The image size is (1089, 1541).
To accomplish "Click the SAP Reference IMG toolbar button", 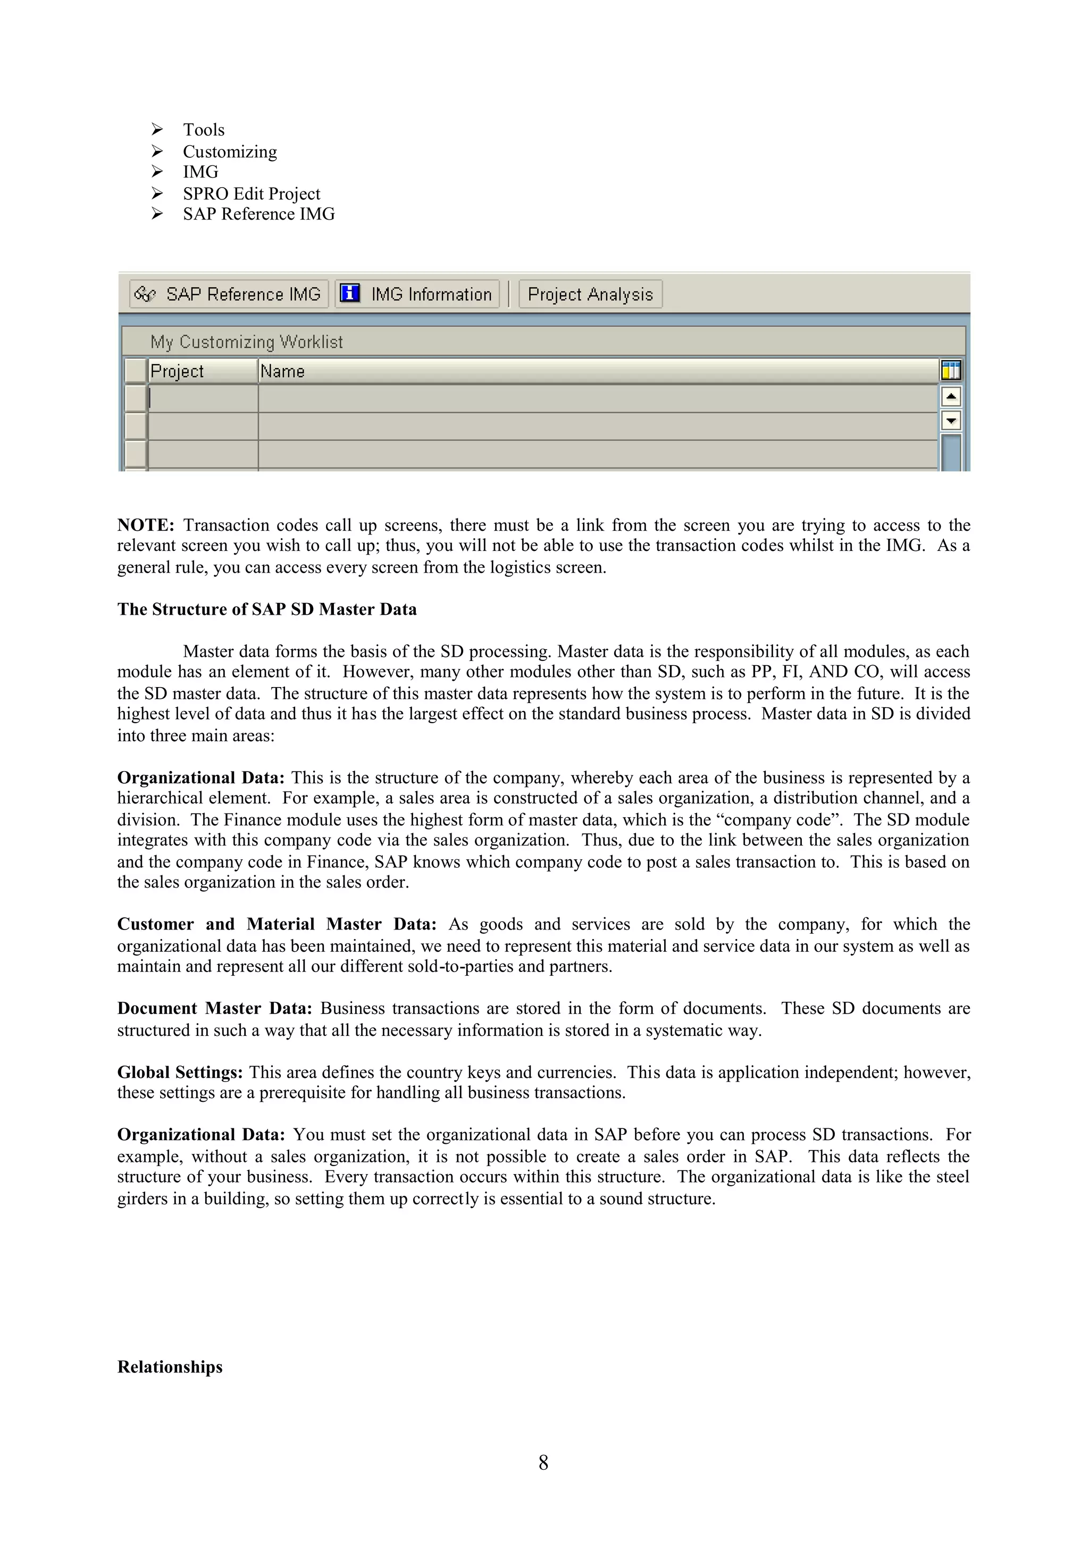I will tap(229, 294).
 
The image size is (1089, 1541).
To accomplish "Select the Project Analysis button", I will tap(590, 294).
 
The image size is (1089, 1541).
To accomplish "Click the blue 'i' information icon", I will tap(349, 294).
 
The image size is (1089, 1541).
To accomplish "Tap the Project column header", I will tap(202, 371).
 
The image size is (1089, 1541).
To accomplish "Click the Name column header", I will tap(597, 371).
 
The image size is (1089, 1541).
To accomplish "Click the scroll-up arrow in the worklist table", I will tap(951, 397).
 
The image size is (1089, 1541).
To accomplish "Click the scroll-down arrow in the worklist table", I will tap(951, 421).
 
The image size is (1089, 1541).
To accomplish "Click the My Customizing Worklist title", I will tap(246, 342).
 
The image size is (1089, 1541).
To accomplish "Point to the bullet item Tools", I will tap(203, 130).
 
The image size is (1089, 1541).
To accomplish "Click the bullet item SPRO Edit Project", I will tap(252, 194).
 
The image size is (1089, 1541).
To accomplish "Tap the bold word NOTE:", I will tap(146, 525).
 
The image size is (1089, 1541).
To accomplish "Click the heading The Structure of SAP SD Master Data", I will tap(266, 609).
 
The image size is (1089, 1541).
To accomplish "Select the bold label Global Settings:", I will tap(180, 1073).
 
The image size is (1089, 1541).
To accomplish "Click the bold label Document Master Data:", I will tap(215, 1009).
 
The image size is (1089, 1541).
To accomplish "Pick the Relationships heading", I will tap(170, 1367).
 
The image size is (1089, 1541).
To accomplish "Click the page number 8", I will tap(543, 1462).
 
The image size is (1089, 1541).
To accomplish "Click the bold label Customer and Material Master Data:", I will tap(277, 924).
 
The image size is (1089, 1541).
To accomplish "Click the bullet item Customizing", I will tap(230, 152).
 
